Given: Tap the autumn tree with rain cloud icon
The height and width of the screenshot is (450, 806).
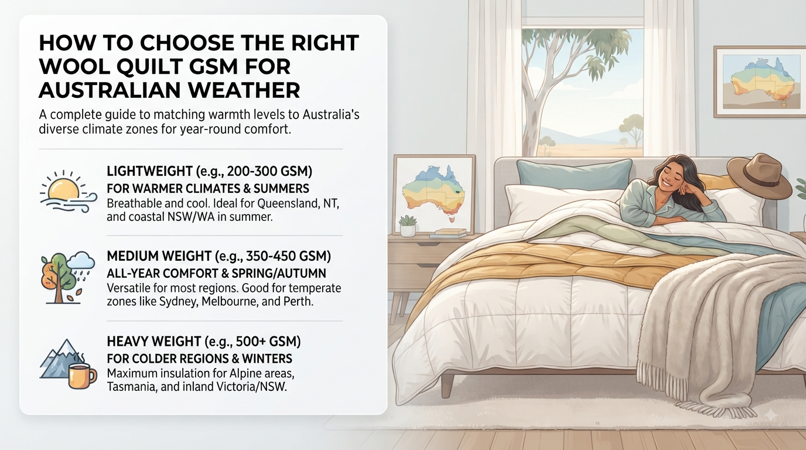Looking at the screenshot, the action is (67, 278).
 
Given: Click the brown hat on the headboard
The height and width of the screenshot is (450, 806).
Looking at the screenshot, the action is (759, 176).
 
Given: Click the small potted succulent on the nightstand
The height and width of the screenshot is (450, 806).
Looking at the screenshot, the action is (408, 226).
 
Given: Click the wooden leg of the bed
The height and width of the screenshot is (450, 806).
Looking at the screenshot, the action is (448, 385).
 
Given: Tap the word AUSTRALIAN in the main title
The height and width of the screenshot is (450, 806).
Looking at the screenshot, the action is (121, 90).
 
